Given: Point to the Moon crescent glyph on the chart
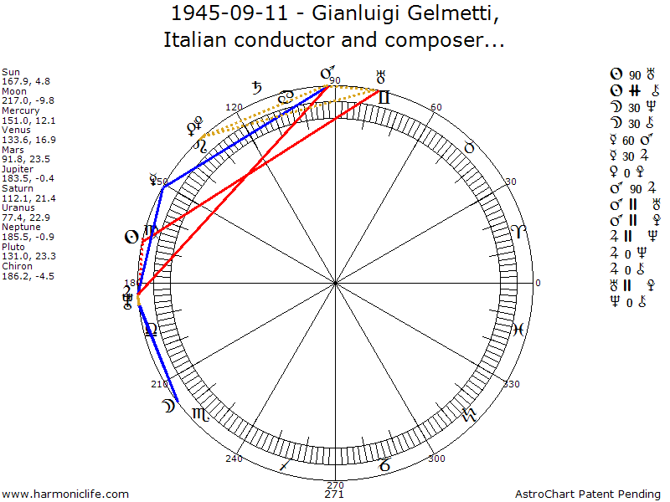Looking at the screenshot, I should tap(168, 407).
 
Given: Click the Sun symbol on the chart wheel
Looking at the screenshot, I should tap(131, 237).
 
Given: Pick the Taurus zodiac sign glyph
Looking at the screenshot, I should tap(470, 147).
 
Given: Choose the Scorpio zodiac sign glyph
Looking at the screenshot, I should tap(201, 414).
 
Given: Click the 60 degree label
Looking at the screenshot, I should tap(435, 107).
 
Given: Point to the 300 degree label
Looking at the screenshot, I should tap(435, 458).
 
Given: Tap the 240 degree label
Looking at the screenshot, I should tap(234, 458).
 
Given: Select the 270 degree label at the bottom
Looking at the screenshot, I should tap(335, 484).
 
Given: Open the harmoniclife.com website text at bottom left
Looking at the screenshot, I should tap(66, 494).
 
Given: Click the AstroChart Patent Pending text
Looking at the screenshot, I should tap(591, 494).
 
